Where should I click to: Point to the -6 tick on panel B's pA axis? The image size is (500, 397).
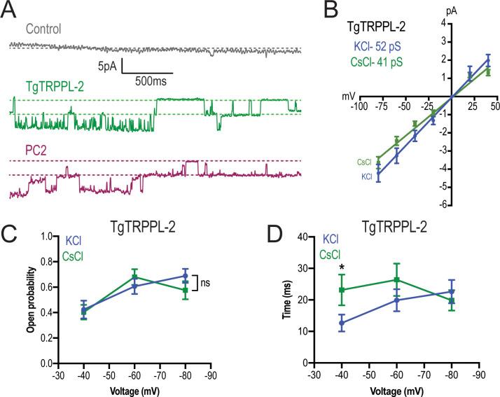coord(445,204)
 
